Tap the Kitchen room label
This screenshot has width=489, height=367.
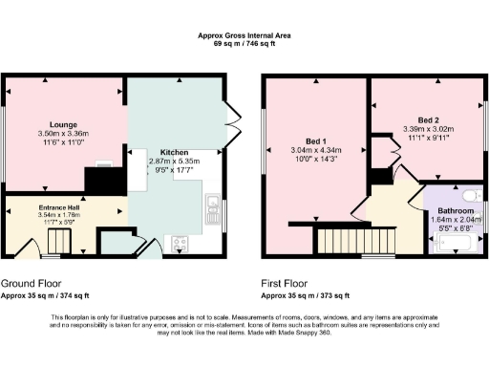[174, 153]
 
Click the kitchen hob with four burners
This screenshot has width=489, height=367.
[180, 244]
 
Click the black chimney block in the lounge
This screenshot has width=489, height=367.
[98, 180]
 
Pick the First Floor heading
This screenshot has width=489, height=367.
[289, 284]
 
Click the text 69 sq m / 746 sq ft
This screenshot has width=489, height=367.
[244, 44]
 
